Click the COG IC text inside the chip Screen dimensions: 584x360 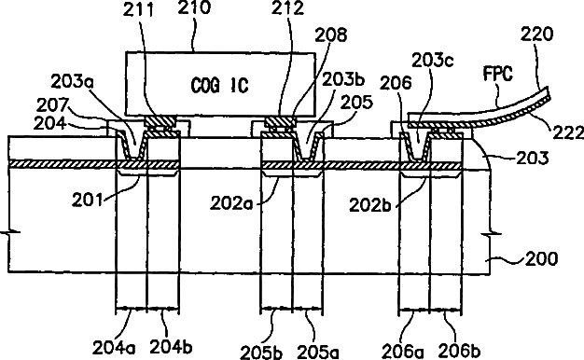coord(219,86)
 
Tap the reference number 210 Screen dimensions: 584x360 coord(194,7)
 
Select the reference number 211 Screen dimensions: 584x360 coord(139,10)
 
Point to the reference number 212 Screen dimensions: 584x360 coord(286,8)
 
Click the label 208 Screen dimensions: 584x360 coord(331,35)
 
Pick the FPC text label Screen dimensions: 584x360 coord(497,74)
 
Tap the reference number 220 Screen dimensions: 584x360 coord(536,35)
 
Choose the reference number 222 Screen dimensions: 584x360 coord(568,132)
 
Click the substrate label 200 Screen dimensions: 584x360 coord(541,258)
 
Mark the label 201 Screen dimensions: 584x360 coord(87,201)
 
